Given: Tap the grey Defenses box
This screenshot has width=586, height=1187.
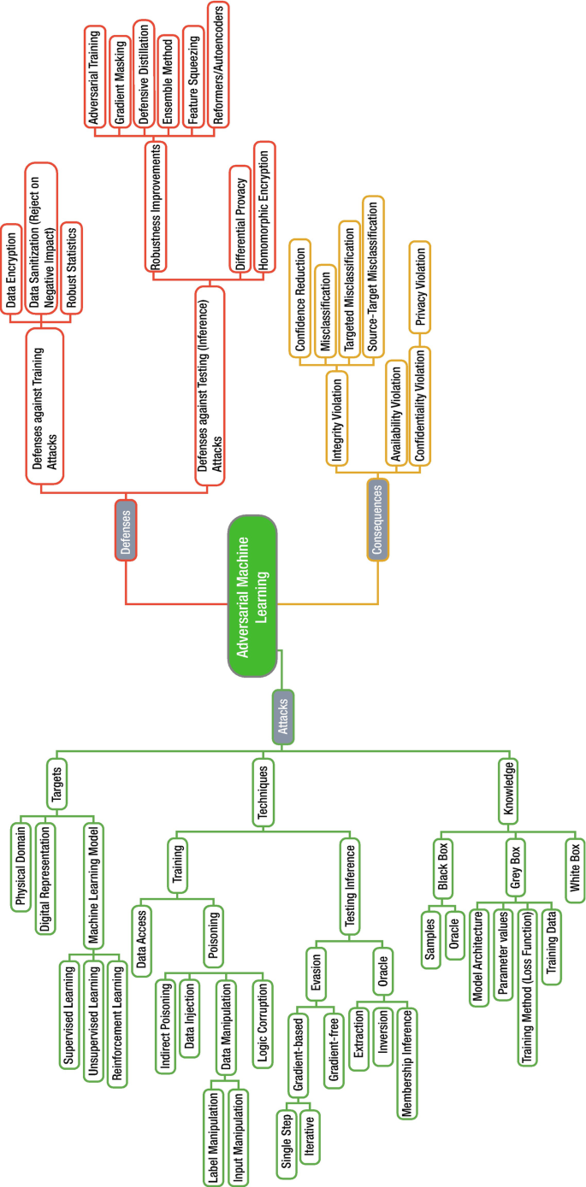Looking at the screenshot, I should (x=126, y=530).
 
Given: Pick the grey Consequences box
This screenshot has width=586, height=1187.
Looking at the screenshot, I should (x=377, y=519).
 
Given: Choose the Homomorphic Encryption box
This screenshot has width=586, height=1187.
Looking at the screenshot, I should (x=265, y=210).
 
